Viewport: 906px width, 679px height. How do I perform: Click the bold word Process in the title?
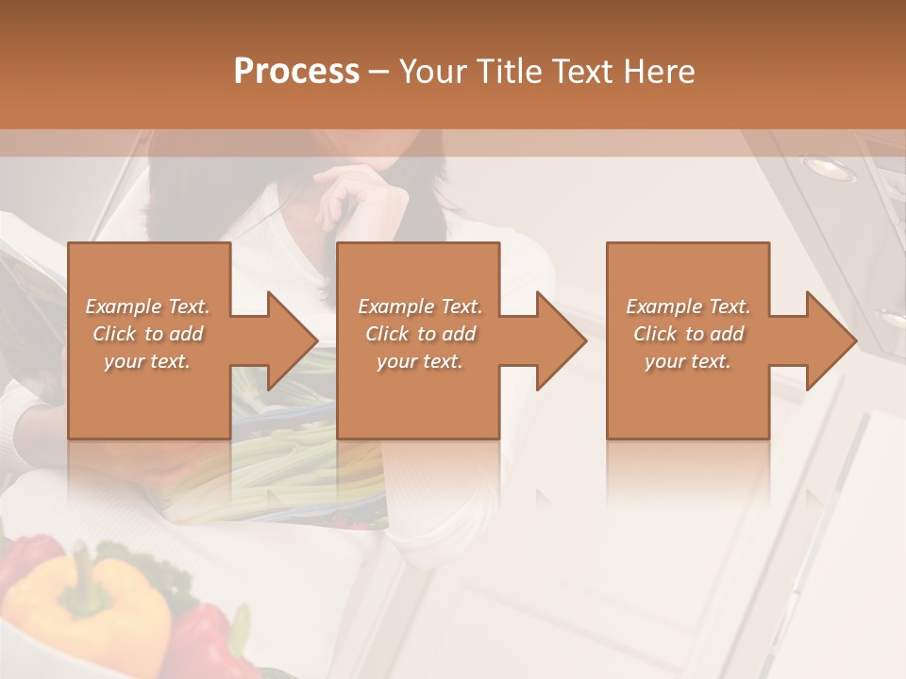pos(296,72)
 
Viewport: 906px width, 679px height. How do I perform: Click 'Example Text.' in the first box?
pos(148,306)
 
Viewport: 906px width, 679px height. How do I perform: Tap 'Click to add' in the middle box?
pos(420,334)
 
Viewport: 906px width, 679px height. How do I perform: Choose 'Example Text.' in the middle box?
pos(420,306)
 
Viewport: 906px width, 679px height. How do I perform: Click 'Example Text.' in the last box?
pos(688,306)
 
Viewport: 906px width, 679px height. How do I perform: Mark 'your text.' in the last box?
pos(688,361)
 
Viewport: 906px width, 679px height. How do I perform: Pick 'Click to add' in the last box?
pos(688,334)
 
